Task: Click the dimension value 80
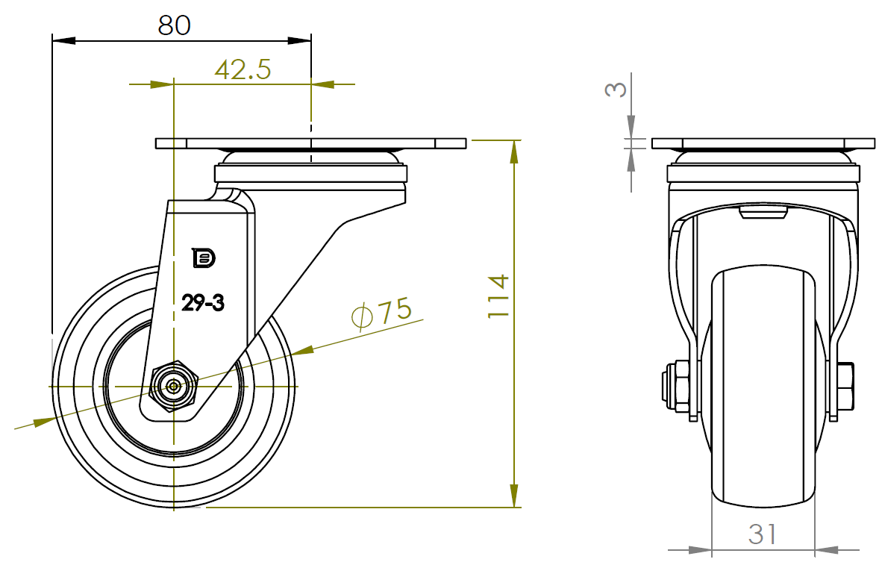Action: [175, 25]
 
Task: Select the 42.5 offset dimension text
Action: [243, 69]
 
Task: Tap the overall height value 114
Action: [498, 296]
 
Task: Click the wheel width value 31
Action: [763, 534]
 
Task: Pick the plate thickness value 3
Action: [616, 89]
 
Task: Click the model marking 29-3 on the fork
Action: [203, 303]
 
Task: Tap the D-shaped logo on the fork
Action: [204, 258]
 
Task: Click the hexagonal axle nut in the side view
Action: [174, 387]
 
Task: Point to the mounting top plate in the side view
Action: [311, 143]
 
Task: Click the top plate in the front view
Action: [763, 143]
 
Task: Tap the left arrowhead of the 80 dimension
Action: [63, 40]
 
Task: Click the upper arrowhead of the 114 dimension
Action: [513, 152]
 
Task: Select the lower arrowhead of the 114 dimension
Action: [513, 496]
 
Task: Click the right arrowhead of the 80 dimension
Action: [299, 40]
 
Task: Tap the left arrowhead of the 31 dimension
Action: [701, 550]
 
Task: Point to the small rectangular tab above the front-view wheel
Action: [763, 213]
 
